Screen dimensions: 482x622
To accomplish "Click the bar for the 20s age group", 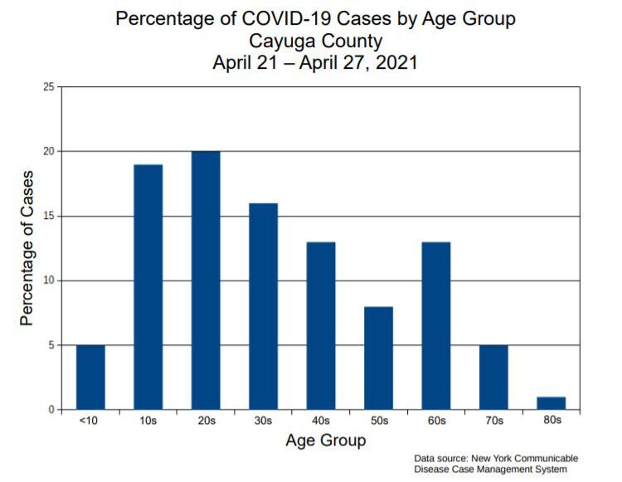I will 206,280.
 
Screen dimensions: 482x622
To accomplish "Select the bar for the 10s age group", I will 148,287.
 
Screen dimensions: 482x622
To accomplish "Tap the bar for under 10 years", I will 90,377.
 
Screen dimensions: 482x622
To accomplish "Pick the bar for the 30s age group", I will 264,306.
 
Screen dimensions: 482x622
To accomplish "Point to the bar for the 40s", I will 321,325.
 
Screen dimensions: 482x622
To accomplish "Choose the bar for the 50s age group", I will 378,358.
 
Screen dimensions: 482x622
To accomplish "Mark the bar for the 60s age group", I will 436,325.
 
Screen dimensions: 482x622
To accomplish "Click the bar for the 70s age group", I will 493,377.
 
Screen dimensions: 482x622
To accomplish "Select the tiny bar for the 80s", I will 551,403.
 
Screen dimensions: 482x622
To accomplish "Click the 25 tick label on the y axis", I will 49,87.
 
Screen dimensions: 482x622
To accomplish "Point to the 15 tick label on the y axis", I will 49,217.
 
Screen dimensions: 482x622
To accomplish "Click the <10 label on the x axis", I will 90,422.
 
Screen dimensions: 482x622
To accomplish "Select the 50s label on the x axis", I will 379,422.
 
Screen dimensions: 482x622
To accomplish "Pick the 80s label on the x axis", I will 552,422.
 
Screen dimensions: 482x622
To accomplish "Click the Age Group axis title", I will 325,441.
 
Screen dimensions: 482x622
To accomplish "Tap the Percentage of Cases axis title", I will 27,248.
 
